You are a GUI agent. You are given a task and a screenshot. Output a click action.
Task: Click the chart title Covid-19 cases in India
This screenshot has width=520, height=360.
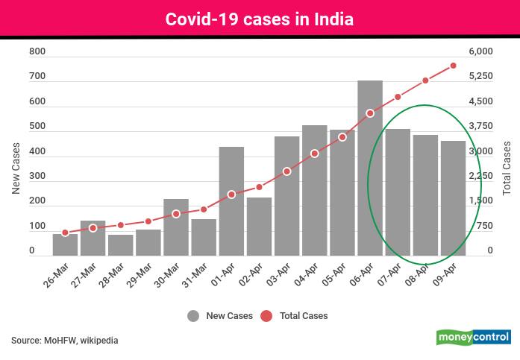coord(260,19)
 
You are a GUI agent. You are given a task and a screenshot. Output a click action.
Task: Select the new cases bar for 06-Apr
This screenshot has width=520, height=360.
coord(370,168)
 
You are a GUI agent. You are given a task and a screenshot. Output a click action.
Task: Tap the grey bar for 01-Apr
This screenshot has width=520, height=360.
coord(231,201)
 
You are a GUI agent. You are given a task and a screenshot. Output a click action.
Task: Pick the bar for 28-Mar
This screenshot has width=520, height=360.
coord(121,245)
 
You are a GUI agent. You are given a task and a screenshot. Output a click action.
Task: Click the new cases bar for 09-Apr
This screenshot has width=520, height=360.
coord(453,198)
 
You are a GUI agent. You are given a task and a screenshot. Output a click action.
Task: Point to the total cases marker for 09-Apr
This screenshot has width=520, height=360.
coord(453,66)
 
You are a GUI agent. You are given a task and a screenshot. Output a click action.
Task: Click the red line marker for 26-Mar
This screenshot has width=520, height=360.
coord(66,233)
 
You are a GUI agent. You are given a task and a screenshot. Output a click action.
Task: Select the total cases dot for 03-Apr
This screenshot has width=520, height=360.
coord(286,171)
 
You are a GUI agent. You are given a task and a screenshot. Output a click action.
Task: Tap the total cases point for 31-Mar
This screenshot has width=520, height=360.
coord(204,209)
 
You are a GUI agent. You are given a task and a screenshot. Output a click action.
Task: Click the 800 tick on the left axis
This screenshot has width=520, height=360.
coord(37,52)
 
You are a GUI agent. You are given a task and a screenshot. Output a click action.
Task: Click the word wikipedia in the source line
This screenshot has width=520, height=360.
coord(96,341)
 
